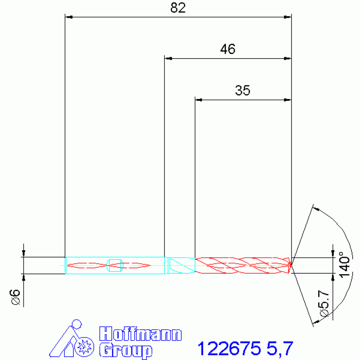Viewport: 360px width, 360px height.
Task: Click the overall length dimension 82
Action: point(178,8)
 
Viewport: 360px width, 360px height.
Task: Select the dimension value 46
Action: point(228,49)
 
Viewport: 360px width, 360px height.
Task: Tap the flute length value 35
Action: point(243,91)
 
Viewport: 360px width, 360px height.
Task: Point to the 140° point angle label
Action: point(345,265)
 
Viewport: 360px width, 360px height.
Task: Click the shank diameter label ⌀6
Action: point(15,297)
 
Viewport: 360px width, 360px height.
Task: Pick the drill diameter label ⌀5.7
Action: point(323,304)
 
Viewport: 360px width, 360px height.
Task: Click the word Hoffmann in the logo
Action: point(140,334)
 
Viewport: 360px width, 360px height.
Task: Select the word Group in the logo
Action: point(126,350)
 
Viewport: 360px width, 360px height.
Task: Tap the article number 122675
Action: point(229,349)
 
